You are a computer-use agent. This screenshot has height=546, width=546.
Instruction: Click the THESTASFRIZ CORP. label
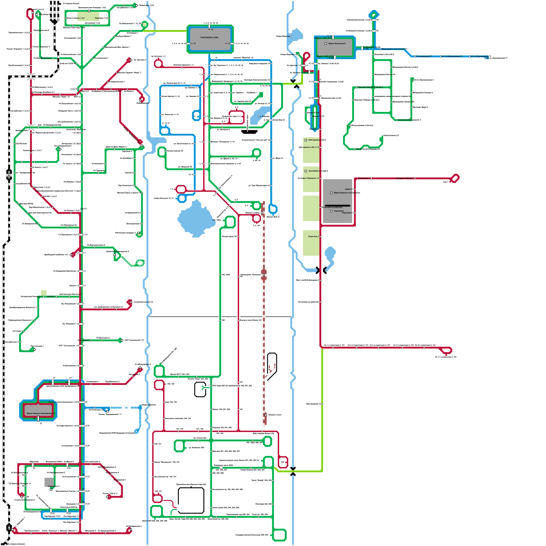coord(209,38)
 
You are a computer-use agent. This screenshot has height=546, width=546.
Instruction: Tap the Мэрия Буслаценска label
coord(337,44)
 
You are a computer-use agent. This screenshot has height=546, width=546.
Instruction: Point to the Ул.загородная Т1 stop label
coord(424,56)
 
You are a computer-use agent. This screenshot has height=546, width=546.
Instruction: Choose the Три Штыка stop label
coord(364,178)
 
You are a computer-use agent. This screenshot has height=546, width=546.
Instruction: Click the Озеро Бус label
coord(313,236)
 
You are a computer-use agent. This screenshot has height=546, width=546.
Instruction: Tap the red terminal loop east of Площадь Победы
coord(455,178)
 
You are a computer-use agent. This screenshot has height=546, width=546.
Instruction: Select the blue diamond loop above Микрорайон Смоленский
coord(374,15)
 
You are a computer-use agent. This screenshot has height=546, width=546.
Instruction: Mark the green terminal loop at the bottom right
coord(279,535)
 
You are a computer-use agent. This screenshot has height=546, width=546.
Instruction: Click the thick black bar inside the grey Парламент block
coord(338,206)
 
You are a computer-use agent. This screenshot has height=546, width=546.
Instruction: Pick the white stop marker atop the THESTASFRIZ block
coord(209,26)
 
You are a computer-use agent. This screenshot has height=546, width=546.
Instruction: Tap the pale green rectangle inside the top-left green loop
coord(88,16)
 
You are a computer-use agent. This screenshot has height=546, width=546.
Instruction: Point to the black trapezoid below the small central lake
coord(249,132)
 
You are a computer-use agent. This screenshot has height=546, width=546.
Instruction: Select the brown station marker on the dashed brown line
coord(264,275)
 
